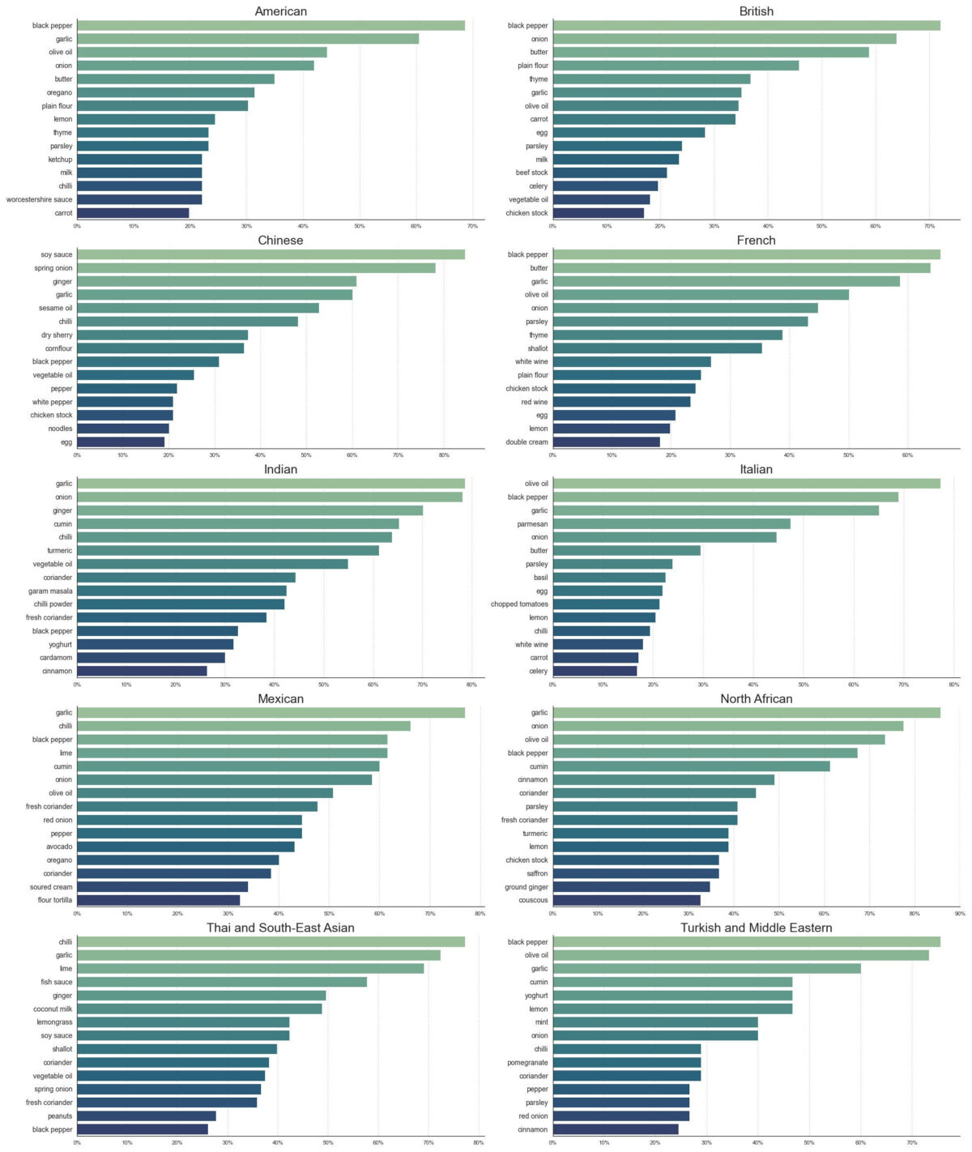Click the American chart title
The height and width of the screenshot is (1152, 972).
point(280,11)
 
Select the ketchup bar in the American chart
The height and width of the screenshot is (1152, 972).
point(139,160)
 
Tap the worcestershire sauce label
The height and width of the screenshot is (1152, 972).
point(39,199)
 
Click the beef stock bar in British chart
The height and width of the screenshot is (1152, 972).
point(609,173)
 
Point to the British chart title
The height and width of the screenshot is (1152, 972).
point(756,11)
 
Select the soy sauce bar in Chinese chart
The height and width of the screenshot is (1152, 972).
point(271,254)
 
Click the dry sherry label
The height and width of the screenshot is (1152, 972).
point(57,335)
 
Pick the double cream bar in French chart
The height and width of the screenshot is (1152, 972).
point(606,442)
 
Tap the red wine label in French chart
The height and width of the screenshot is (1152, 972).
point(535,402)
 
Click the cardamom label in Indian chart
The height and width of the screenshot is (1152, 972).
point(57,658)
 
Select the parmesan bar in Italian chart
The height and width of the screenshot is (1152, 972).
point(671,524)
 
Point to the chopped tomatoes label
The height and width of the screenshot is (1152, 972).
point(519,604)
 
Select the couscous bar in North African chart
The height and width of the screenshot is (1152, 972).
point(626,900)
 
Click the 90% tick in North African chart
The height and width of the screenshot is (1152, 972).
point(960,914)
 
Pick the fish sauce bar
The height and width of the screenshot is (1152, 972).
point(222,982)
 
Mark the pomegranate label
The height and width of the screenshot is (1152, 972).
point(527,1062)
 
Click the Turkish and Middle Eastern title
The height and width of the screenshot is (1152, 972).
point(756,928)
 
